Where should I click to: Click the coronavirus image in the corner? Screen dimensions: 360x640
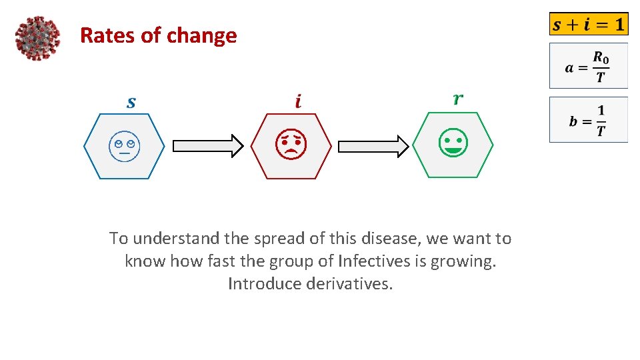click(x=37, y=38)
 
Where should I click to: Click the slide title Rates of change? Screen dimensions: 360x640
click(x=158, y=35)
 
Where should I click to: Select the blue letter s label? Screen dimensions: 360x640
click(x=131, y=102)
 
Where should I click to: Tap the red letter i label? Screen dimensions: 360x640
click(x=297, y=101)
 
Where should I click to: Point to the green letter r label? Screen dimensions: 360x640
click(x=458, y=99)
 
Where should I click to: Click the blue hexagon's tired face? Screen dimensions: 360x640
click(x=123, y=146)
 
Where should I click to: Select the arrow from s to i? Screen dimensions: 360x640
click(x=208, y=146)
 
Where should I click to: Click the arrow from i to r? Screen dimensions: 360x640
click(x=373, y=146)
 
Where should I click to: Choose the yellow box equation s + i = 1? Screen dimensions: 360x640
click(x=589, y=25)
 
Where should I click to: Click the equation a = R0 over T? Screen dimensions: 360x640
click(x=588, y=66)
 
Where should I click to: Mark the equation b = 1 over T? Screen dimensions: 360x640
click(x=588, y=120)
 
